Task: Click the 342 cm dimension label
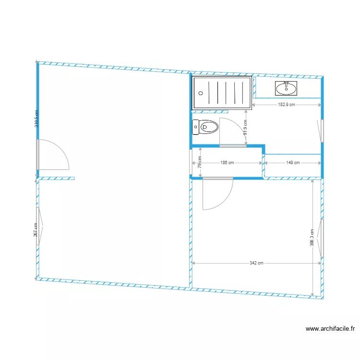point(257,263)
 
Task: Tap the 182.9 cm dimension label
point(287,105)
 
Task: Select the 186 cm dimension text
point(227,163)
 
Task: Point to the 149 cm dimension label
point(293,163)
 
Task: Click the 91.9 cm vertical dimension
point(245,128)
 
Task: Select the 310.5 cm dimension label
point(36,118)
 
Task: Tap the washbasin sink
point(286,88)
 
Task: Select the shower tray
point(222,92)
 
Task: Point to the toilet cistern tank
point(195,127)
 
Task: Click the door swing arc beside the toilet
point(231,130)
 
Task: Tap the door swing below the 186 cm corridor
point(217,194)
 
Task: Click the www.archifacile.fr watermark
point(330,329)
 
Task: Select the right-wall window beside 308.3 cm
point(322,238)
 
